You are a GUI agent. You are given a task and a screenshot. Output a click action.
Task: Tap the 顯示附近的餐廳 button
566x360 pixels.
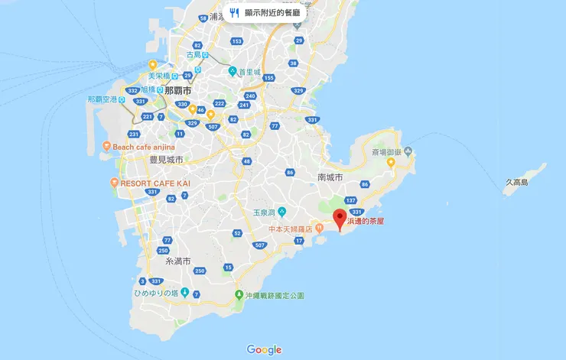(x=266, y=13)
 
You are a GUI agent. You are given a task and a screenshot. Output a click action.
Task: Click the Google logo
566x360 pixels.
(x=264, y=349)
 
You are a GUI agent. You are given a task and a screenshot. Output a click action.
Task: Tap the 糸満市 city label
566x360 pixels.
(x=181, y=261)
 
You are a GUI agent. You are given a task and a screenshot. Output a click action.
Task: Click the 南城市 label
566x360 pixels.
(x=330, y=177)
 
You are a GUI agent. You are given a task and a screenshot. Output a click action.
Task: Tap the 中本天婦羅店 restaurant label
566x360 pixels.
(x=294, y=228)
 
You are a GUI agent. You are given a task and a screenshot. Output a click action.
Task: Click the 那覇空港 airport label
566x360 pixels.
(x=102, y=99)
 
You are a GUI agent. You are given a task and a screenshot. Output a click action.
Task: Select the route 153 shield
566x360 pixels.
(x=237, y=41)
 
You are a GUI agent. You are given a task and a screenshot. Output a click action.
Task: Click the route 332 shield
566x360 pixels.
(x=133, y=90)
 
